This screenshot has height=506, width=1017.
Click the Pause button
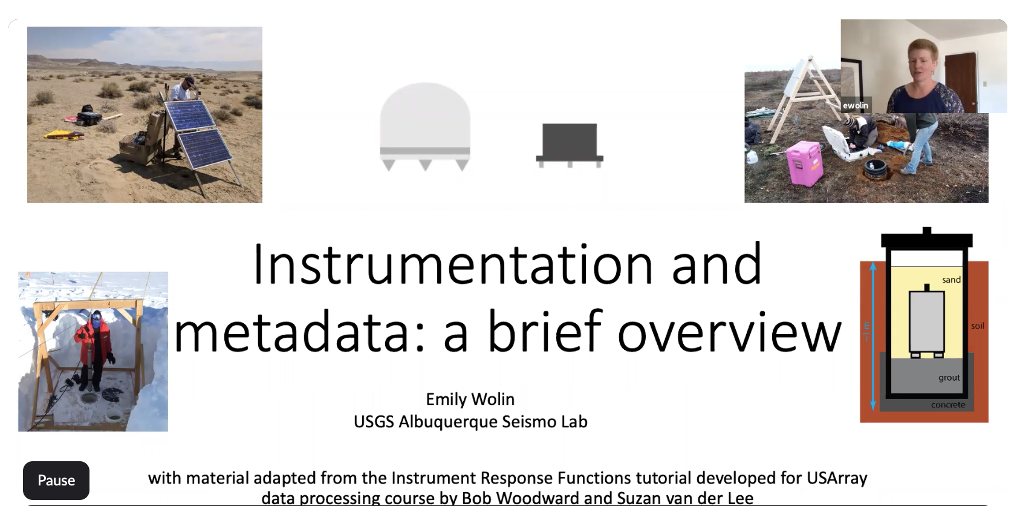(x=56, y=481)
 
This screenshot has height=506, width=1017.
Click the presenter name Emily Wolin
(x=470, y=399)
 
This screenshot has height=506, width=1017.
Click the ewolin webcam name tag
(x=856, y=105)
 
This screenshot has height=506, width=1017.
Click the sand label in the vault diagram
(x=951, y=280)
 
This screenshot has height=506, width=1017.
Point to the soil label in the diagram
(x=978, y=326)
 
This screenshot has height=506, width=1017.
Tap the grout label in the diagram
(x=949, y=377)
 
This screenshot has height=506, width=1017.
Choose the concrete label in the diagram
(x=948, y=404)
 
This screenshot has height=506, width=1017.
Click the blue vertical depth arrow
(x=872, y=337)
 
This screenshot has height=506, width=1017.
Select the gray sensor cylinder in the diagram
(x=927, y=321)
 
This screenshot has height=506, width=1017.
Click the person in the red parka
(x=94, y=350)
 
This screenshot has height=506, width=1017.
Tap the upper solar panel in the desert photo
(x=190, y=116)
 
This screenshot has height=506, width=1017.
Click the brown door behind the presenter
(x=961, y=81)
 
